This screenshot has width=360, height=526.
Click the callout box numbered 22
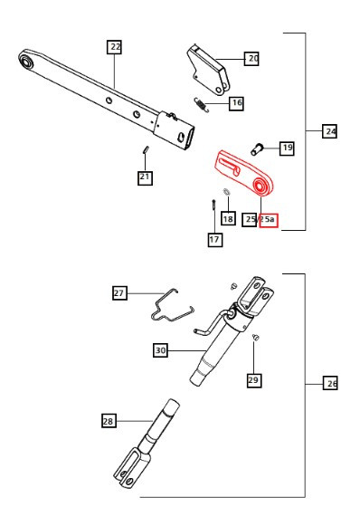click(x=114, y=47)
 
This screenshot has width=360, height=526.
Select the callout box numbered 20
click(x=252, y=58)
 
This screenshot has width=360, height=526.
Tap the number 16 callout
click(x=236, y=103)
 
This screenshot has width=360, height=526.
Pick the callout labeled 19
click(x=286, y=148)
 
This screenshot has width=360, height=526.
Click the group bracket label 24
click(x=330, y=131)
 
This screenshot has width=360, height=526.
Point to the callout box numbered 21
click(x=145, y=177)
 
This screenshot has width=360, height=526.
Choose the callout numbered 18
click(x=227, y=218)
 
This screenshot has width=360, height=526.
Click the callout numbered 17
click(x=214, y=240)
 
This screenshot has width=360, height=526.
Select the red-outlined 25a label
click(x=270, y=220)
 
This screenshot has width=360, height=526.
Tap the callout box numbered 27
click(x=119, y=292)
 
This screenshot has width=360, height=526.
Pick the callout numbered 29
click(x=253, y=380)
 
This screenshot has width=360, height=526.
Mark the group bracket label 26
click(x=331, y=384)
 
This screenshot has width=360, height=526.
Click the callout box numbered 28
click(x=109, y=420)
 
